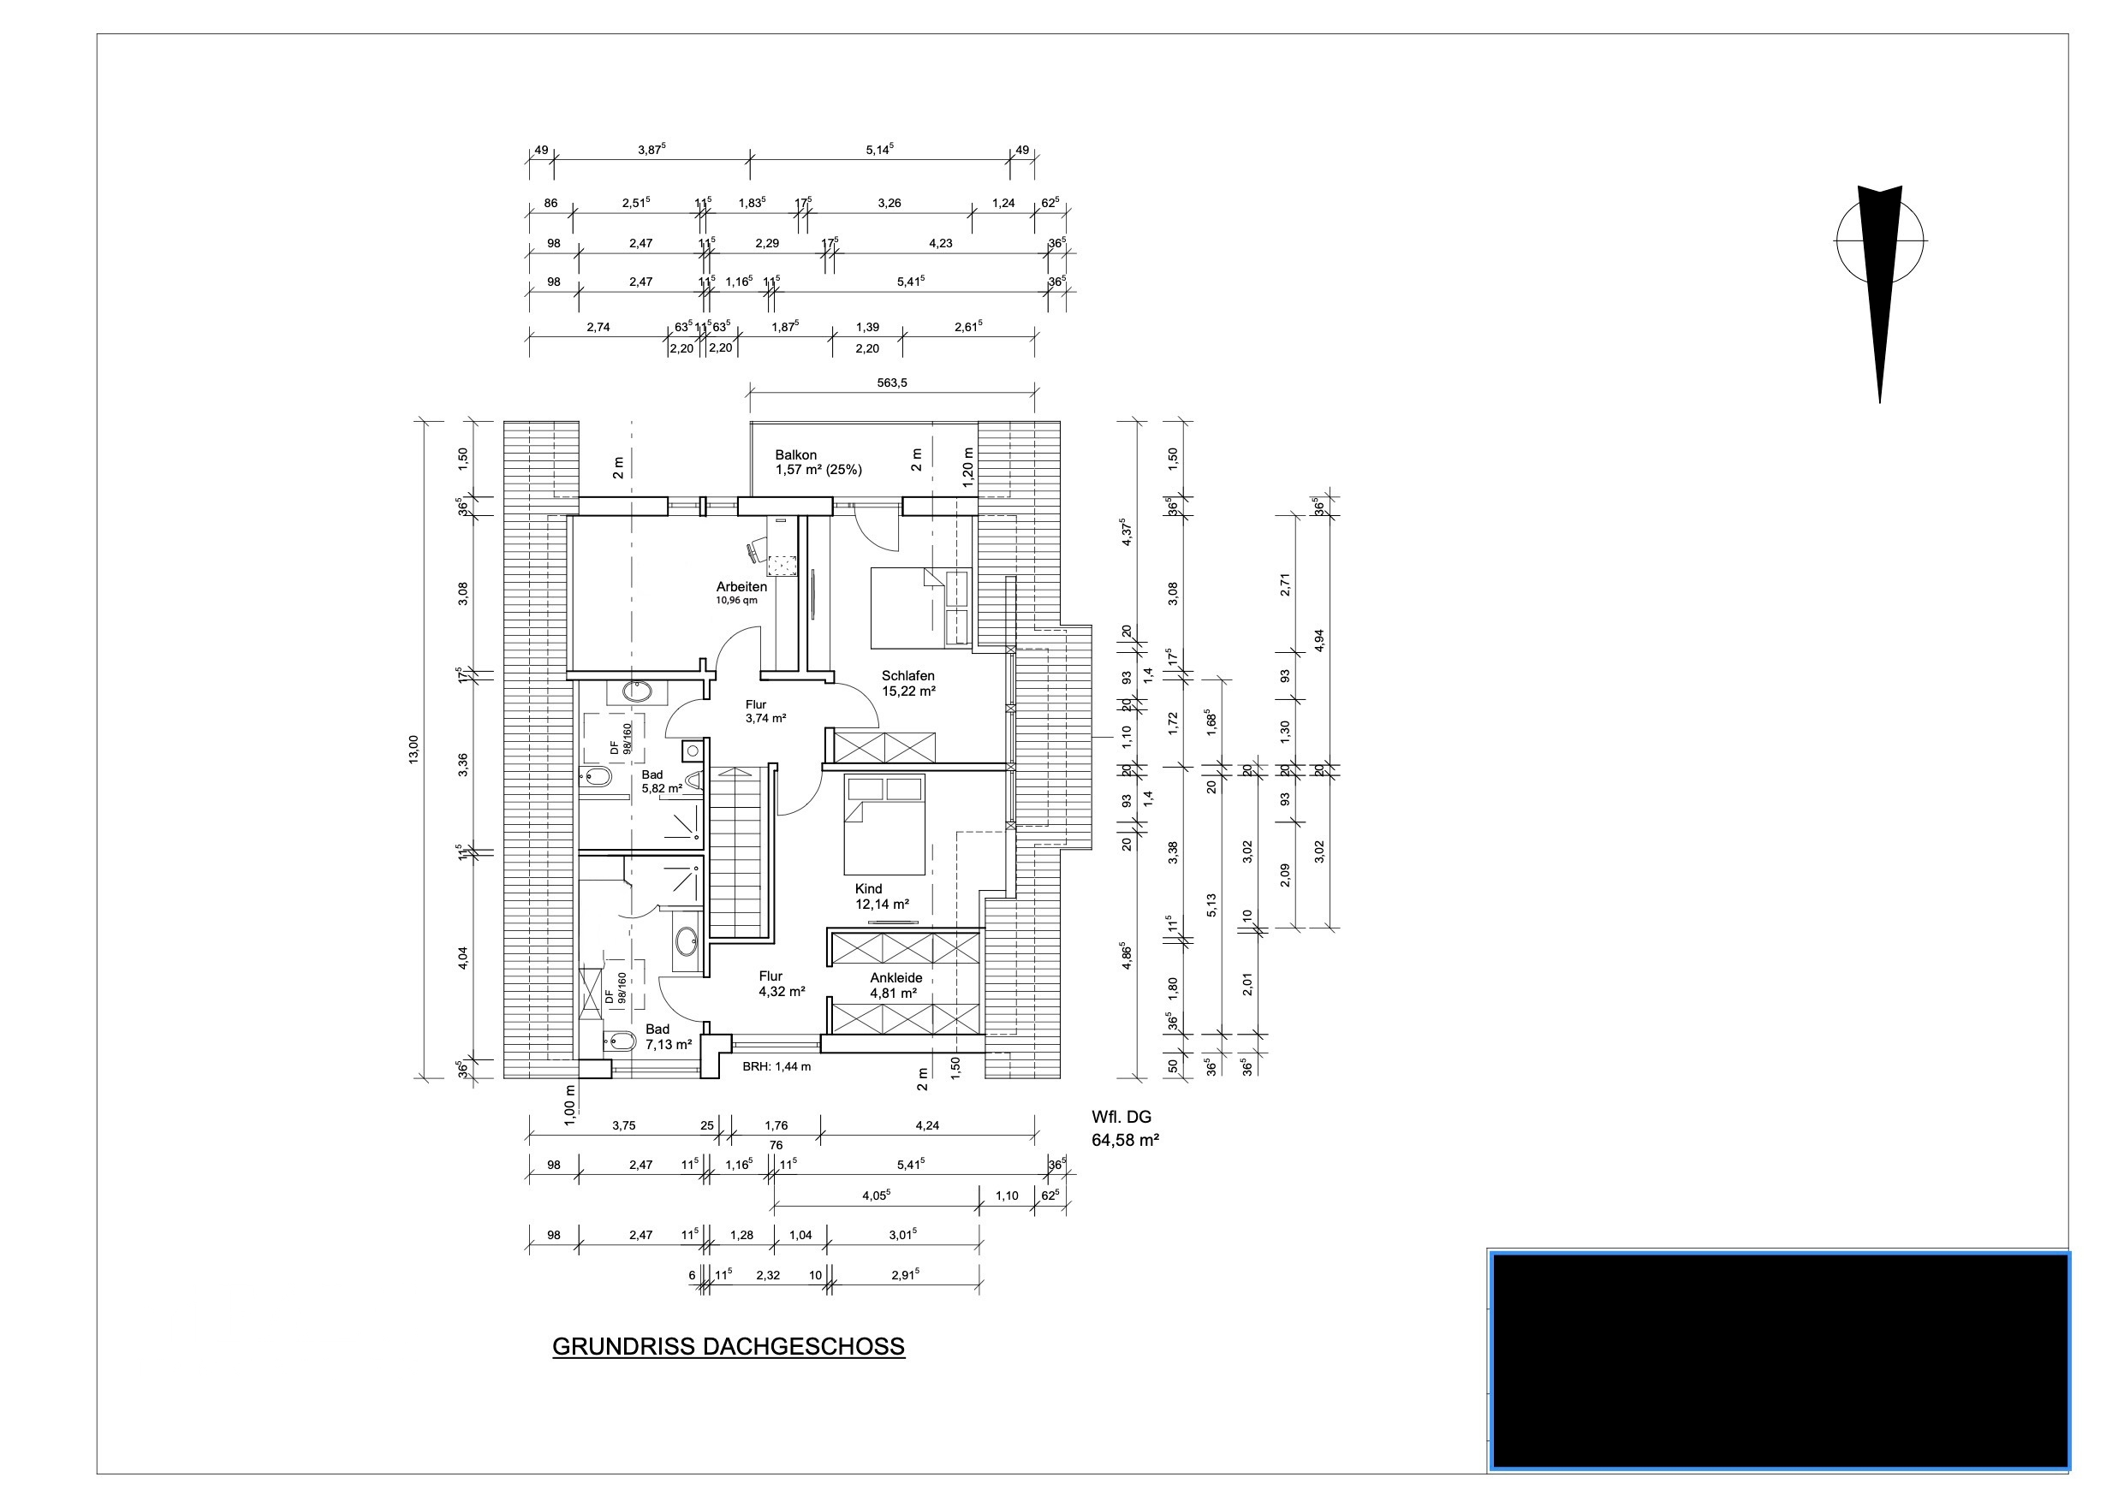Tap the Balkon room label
click(795, 455)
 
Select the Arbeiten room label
click(741, 586)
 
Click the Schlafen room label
click(907, 675)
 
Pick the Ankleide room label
click(895, 977)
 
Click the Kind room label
click(868, 889)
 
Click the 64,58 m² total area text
click(1125, 1141)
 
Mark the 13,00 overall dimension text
click(413, 749)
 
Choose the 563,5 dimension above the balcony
click(892, 382)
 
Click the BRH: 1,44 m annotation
click(776, 1066)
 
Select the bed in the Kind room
click(884, 825)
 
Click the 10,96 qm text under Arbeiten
click(736, 600)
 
